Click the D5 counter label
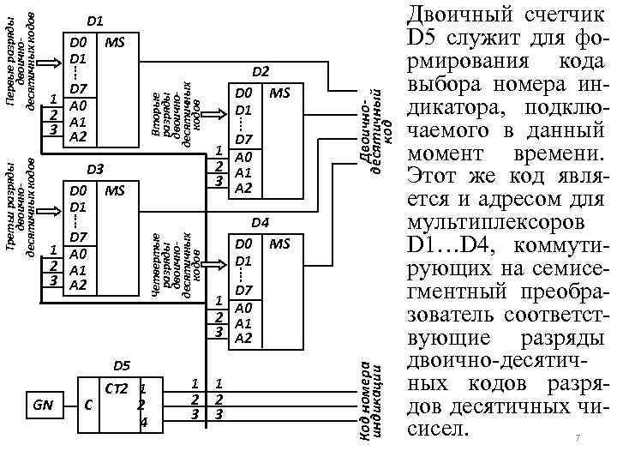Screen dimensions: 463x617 point(122,366)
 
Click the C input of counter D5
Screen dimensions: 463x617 point(89,405)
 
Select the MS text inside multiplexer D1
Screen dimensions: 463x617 point(114,41)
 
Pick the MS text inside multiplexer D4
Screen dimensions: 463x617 point(281,244)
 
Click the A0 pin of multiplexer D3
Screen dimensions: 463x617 point(78,254)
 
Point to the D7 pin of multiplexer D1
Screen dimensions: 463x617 point(78,89)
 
